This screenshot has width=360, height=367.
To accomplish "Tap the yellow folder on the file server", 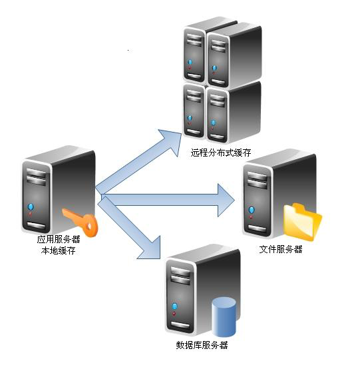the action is (303, 222).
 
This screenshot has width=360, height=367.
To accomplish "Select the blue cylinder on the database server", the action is (224, 317).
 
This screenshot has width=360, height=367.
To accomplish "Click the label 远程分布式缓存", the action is (221, 153).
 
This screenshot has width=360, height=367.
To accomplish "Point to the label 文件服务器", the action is (281, 249).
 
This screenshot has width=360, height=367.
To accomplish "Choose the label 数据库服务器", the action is (202, 345).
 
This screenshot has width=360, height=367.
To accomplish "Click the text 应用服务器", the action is (59, 239).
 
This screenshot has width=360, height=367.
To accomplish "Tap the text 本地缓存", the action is (59, 250).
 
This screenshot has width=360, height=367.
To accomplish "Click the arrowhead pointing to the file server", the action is (226, 200).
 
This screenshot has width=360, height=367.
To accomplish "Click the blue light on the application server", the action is (31, 207).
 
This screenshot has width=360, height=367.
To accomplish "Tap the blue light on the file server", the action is (252, 210).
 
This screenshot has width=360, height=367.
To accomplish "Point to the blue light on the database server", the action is (174, 306).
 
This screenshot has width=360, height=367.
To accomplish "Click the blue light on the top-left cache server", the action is (190, 62).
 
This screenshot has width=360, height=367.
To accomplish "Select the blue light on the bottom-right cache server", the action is (213, 123).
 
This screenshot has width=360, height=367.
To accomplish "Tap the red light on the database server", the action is (174, 314).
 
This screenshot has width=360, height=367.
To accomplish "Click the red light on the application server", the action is (30, 214).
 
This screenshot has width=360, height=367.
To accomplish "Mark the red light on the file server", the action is (251, 217).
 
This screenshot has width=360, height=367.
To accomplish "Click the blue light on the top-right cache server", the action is (214, 68).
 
